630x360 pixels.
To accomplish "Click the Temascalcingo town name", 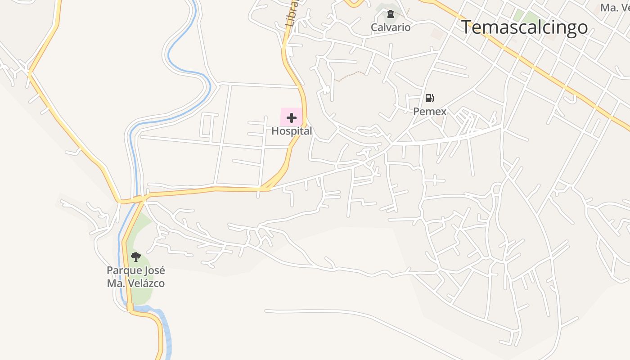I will (524, 27).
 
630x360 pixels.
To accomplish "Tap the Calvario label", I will (391, 27).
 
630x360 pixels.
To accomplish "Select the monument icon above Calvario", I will (391, 14).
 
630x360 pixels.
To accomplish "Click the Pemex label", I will (430, 111).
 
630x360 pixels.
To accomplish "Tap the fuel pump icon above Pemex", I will (430, 98).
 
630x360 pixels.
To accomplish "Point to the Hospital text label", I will (292, 131).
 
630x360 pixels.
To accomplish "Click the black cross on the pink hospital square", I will (292, 118).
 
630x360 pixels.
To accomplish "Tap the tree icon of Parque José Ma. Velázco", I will (135, 257).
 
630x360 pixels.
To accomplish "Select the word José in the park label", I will (154, 270).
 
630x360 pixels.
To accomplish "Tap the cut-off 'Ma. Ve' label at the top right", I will (615, 8).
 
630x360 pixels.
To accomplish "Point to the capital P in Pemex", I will (416, 111).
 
